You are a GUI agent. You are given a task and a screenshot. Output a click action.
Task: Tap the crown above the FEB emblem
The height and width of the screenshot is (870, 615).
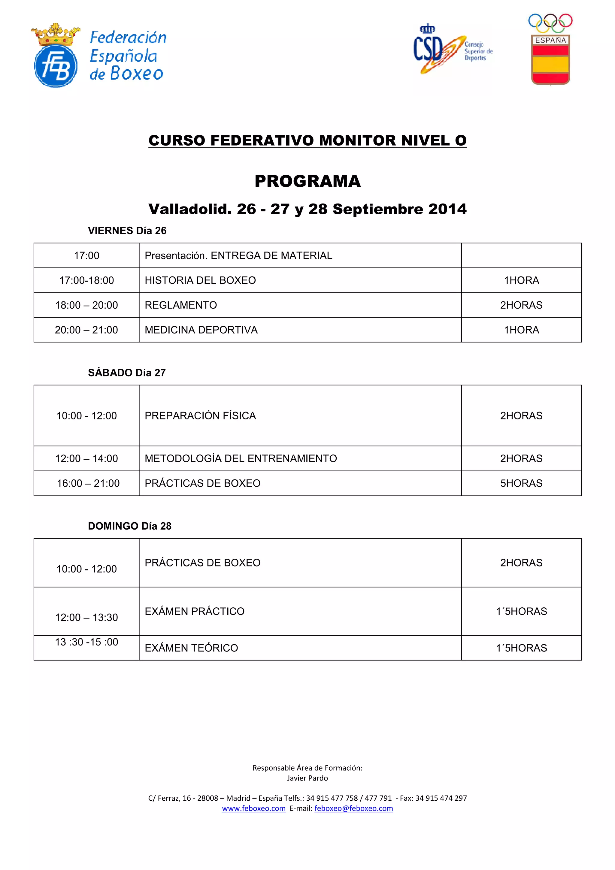click(56, 35)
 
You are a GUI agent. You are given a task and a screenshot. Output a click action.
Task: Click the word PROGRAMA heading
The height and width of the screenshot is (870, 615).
click(307, 181)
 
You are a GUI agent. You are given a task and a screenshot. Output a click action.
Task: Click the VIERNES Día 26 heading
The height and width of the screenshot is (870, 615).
click(127, 230)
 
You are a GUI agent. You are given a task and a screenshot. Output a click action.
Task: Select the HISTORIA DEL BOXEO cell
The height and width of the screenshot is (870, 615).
click(200, 280)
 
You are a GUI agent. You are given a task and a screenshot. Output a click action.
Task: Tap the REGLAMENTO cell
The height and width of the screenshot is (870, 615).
click(181, 305)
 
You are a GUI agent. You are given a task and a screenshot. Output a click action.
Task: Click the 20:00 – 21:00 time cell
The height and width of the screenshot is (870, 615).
click(86, 330)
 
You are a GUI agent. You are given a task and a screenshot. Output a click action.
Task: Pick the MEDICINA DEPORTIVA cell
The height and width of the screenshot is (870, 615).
click(201, 330)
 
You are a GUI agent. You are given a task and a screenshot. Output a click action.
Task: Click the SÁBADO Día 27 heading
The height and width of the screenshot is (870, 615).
click(126, 373)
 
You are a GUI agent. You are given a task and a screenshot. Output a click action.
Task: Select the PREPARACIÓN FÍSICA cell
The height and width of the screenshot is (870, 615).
click(200, 416)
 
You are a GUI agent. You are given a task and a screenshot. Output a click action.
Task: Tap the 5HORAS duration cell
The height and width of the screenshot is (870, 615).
click(521, 483)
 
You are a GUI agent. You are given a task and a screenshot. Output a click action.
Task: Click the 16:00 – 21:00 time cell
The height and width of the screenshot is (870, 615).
click(88, 483)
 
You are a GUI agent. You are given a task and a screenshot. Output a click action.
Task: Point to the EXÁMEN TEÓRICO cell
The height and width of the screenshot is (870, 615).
click(191, 648)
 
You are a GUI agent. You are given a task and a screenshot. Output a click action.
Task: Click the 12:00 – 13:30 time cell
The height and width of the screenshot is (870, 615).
click(86, 617)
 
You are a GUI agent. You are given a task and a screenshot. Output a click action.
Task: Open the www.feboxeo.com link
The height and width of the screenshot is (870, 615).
click(253, 808)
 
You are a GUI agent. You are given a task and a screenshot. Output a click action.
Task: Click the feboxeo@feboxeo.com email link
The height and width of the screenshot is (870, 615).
click(353, 808)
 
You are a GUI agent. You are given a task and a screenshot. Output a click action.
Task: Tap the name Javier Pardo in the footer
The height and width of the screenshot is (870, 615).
click(307, 778)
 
